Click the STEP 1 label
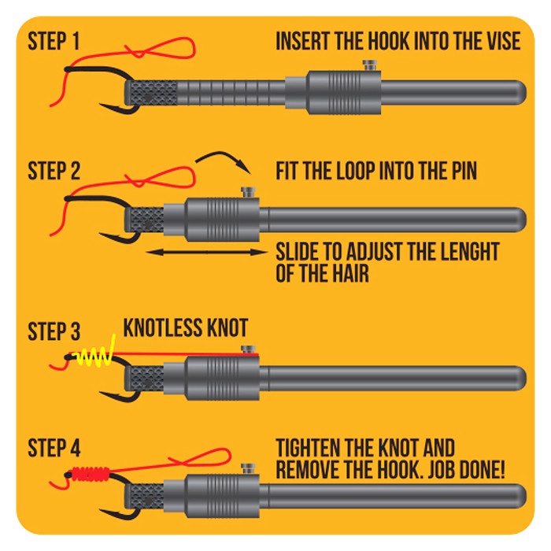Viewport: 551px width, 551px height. [x=54, y=42]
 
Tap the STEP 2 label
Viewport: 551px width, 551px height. [x=54, y=171]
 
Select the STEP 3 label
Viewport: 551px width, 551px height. [x=54, y=331]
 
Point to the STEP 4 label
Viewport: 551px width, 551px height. [x=54, y=448]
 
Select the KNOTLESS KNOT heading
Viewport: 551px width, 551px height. [x=186, y=328]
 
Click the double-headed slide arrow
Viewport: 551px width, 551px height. [x=206, y=252]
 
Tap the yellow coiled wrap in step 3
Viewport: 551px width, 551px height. [x=95, y=355]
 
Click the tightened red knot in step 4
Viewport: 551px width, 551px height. [x=91, y=473]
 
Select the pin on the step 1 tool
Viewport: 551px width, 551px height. [x=370, y=65]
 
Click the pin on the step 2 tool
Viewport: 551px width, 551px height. [x=248, y=193]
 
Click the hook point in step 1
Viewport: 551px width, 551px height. [x=101, y=105]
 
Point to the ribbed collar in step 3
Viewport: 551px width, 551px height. [x=222, y=378]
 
